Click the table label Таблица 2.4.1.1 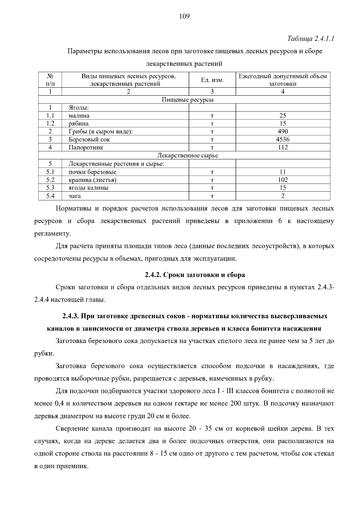click(x=311, y=39)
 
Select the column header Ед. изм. click(x=212, y=80)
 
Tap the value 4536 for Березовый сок click(x=283, y=139)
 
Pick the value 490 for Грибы click(x=283, y=131)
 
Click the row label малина click(x=79, y=116)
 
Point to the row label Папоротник click(x=86, y=148)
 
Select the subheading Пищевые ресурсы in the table click(x=187, y=100)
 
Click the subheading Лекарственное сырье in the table click(x=188, y=156)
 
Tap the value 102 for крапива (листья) click(x=283, y=180)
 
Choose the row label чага click(x=75, y=196)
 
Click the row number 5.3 click(x=50, y=188)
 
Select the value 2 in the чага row click(x=283, y=196)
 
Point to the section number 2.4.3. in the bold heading click(x=71, y=316)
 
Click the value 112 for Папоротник click(x=283, y=148)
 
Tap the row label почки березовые click(x=92, y=172)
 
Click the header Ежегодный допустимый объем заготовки click(x=283, y=80)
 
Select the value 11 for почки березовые click(x=283, y=172)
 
